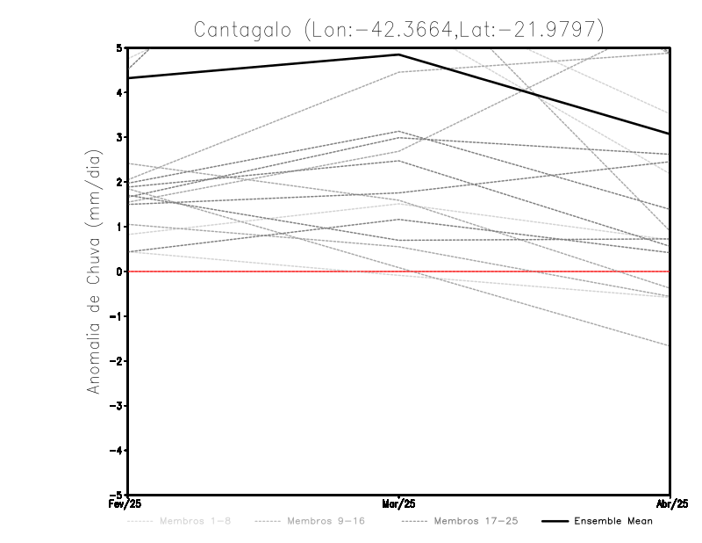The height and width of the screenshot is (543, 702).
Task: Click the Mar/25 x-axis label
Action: pos(399,504)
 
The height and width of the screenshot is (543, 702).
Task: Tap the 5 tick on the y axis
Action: pos(120,47)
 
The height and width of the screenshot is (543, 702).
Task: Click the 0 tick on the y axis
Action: pos(120,271)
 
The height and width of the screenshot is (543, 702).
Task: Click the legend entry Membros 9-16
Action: pos(326,521)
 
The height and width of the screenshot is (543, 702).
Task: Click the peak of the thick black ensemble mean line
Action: pos(399,54)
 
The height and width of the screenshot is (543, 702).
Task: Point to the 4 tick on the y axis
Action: pos(120,92)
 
